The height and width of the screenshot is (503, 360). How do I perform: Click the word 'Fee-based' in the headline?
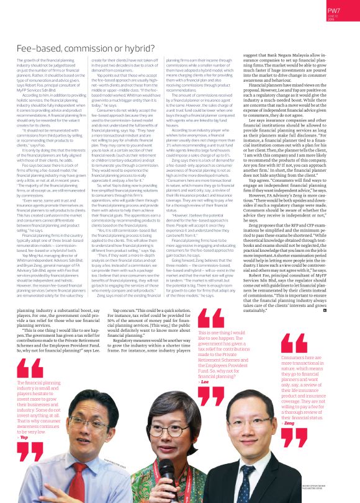tap(38, 47)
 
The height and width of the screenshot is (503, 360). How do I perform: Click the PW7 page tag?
tap(334, 10)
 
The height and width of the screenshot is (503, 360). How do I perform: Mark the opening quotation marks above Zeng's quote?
tap(294, 343)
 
